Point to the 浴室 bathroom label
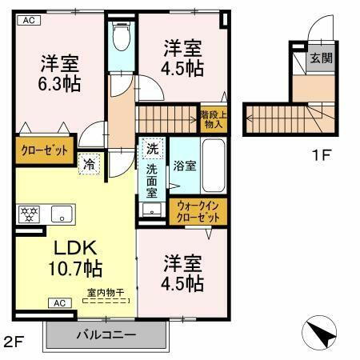(186, 166)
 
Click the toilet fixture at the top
(122, 36)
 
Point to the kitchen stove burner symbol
(29, 214)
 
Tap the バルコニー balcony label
(106, 334)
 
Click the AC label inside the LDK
(60, 302)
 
